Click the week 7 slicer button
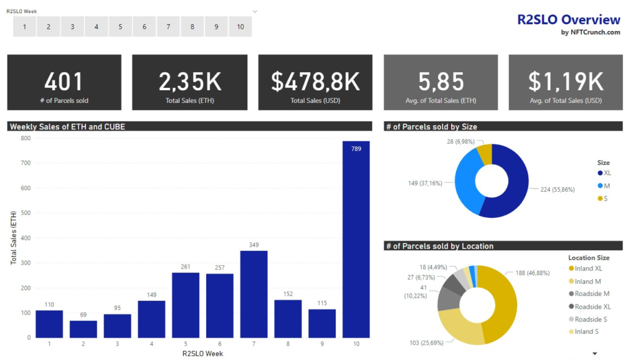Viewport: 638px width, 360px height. pyautogui.click(x=168, y=27)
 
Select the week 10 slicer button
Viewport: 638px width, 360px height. pyautogui.click(x=240, y=27)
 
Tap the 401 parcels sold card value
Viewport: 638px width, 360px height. pyautogui.click(x=64, y=82)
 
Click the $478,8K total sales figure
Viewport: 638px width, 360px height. pyautogui.click(x=315, y=82)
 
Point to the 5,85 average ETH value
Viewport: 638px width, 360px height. pyautogui.click(x=440, y=82)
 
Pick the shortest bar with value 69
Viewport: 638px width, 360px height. pyautogui.click(x=83, y=329)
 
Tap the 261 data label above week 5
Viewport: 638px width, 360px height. pyautogui.click(x=185, y=267)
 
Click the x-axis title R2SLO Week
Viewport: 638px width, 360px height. pyautogui.click(x=202, y=354)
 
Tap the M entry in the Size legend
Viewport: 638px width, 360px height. pyautogui.click(x=607, y=186)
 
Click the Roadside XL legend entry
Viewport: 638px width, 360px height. pyautogui.click(x=592, y=306)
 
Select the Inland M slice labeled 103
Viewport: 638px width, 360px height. pyautogui.click(x=460, y=326)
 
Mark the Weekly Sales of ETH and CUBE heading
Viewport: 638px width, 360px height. pyautogui.click(x=67, y=126)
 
